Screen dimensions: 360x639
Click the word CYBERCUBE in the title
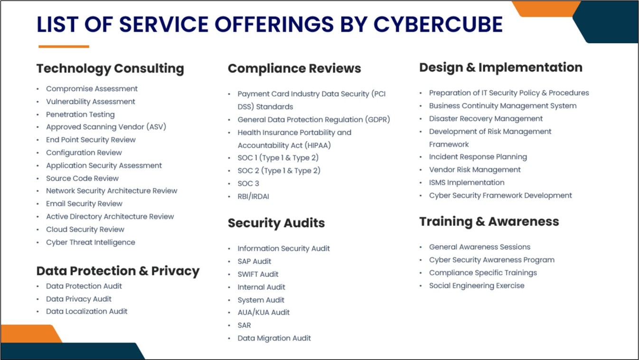click(438, 25)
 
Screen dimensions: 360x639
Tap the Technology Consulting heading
click(110, 68)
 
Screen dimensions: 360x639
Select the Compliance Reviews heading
click(294, 68)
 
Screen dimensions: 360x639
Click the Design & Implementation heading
click(500, 67)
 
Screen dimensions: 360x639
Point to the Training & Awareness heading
click(489, 221)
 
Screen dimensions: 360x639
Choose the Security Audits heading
click(276, 223)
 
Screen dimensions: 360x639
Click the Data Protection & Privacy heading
click(118, 271)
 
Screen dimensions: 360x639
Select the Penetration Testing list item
click(80, 114)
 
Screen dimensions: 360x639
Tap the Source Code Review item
click(82, 178)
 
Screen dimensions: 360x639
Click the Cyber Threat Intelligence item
click(90, 242)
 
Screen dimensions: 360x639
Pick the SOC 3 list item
click(248, 183)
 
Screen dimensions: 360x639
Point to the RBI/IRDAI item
click(253, 196)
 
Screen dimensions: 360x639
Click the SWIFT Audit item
click(258, 274)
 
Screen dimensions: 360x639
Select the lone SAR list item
click(244, 325)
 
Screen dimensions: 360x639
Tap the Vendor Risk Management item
click(475, 170)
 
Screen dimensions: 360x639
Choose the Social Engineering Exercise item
click(477, 285)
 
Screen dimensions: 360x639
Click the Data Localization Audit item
click(86, 312)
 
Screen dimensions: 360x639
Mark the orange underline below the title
click(64, 47)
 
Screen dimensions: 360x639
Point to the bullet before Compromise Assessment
click(38, 89)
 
